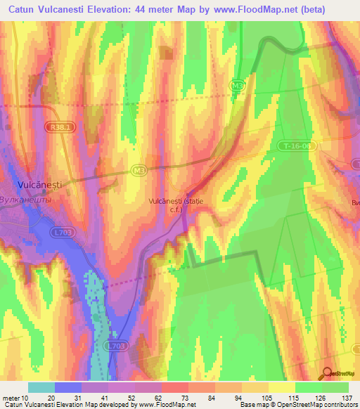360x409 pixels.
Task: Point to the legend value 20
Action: [x=51, y=398]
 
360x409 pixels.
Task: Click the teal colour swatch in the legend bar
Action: [x=41, y=387]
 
